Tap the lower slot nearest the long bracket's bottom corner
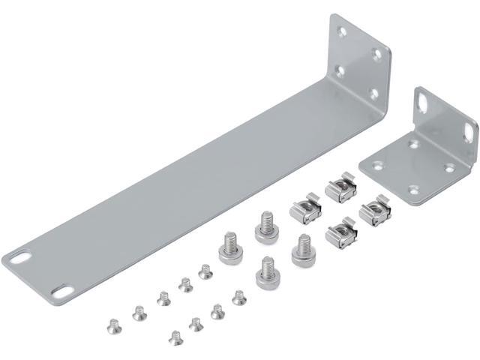[63, 290]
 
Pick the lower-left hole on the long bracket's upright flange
[340, 71]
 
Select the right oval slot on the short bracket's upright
[469, 132]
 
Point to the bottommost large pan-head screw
[266, 274]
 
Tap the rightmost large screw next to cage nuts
[302, 249]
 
